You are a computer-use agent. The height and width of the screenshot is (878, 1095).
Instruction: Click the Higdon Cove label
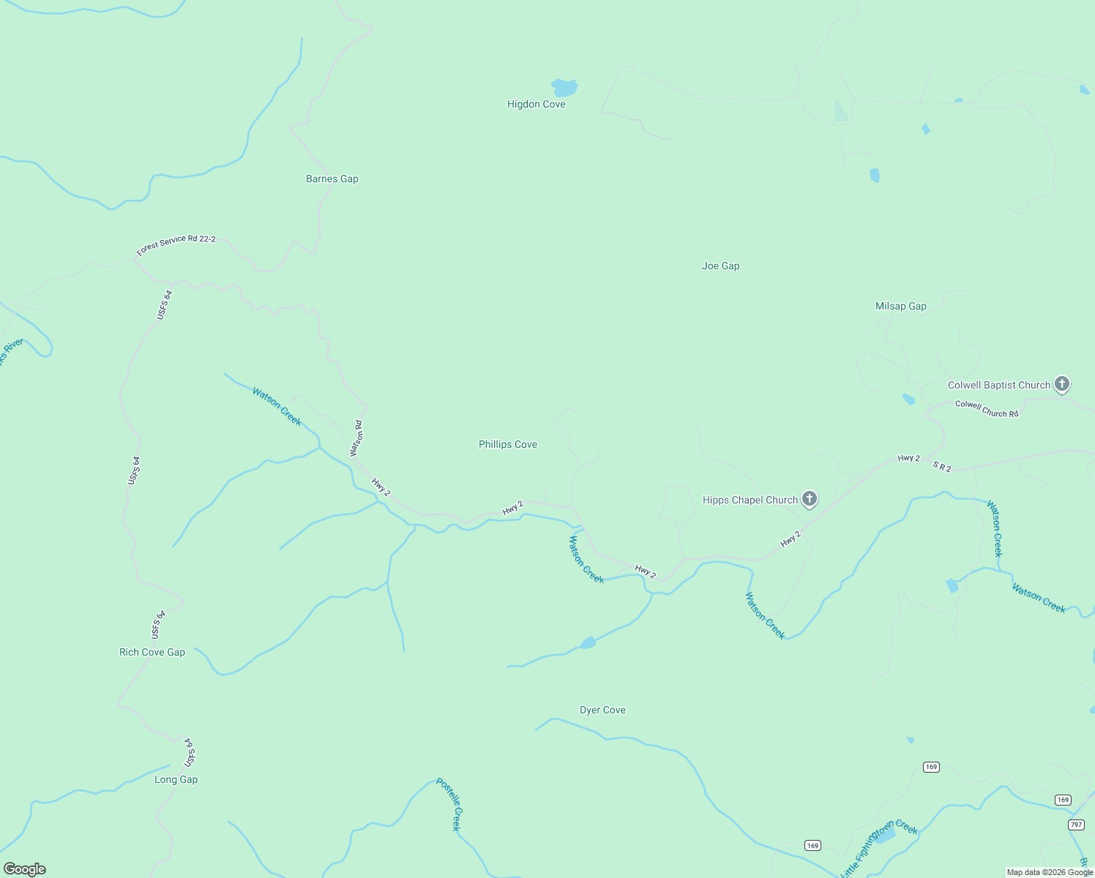(536, 105)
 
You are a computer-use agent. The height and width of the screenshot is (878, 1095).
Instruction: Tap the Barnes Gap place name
(332, 179)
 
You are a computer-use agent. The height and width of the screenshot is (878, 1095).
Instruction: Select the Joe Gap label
(720, 266)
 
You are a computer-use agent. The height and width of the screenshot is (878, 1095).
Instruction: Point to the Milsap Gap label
(900, 307)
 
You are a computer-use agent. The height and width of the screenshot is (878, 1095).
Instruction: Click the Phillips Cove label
(507, 445)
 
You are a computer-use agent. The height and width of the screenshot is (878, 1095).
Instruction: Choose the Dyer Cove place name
(602, 710)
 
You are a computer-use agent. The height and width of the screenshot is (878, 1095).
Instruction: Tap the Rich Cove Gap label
(152, 653)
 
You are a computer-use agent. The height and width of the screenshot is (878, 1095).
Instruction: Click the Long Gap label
(176, 780)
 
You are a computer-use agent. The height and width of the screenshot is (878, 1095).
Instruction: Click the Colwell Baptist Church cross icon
(1061, 384)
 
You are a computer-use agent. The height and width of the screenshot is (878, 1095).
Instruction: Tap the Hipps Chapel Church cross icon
(809, 499)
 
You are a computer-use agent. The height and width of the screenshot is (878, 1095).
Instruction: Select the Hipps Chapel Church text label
(750, 500)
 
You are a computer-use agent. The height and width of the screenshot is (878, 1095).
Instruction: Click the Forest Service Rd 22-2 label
(176, 245)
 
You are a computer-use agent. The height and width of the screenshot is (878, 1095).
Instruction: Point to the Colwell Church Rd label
(986, 409)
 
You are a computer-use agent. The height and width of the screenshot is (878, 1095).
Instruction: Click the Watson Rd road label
(356, 438)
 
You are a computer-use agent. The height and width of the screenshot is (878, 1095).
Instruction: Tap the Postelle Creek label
(449, 804)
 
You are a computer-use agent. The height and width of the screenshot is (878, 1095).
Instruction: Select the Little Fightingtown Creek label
(878, 848)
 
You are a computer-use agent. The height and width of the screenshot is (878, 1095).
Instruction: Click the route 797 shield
(1075, 825)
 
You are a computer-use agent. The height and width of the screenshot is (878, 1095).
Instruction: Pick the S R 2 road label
(941, 467)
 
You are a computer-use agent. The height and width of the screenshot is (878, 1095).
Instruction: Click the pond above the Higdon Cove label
(564, 88)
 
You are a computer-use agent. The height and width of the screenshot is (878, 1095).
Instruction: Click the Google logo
(25, 869)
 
